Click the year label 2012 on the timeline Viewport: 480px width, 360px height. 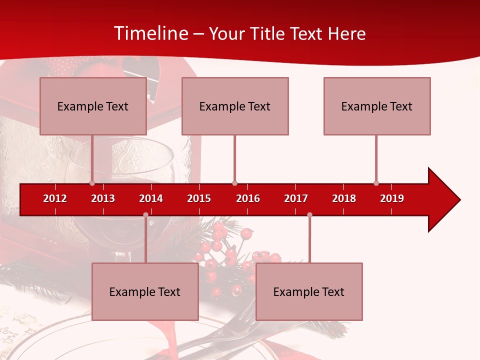pos(55,198)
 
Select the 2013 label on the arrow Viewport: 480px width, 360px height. pos(103,198)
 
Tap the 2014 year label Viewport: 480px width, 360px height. pos(151,198)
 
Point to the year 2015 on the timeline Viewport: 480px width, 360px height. pos(199,198)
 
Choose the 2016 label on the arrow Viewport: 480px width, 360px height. pos(248,198)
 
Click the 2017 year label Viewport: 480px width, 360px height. pos(296,198)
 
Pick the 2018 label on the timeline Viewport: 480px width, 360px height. pos(344,198)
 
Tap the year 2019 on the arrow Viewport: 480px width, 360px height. pos(392,198)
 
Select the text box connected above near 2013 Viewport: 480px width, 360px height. pos(93,106)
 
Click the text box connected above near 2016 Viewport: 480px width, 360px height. pos(235,106)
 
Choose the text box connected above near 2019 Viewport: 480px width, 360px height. pos(377,106)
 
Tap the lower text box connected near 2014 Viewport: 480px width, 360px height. pos(145,291)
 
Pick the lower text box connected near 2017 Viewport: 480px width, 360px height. pos(309,291)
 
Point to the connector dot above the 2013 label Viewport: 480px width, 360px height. pos(92,183)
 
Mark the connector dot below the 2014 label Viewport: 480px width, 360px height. pos(145,214)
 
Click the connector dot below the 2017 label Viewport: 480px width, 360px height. pos(309,214)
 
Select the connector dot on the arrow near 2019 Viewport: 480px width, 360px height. pos(376,183)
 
